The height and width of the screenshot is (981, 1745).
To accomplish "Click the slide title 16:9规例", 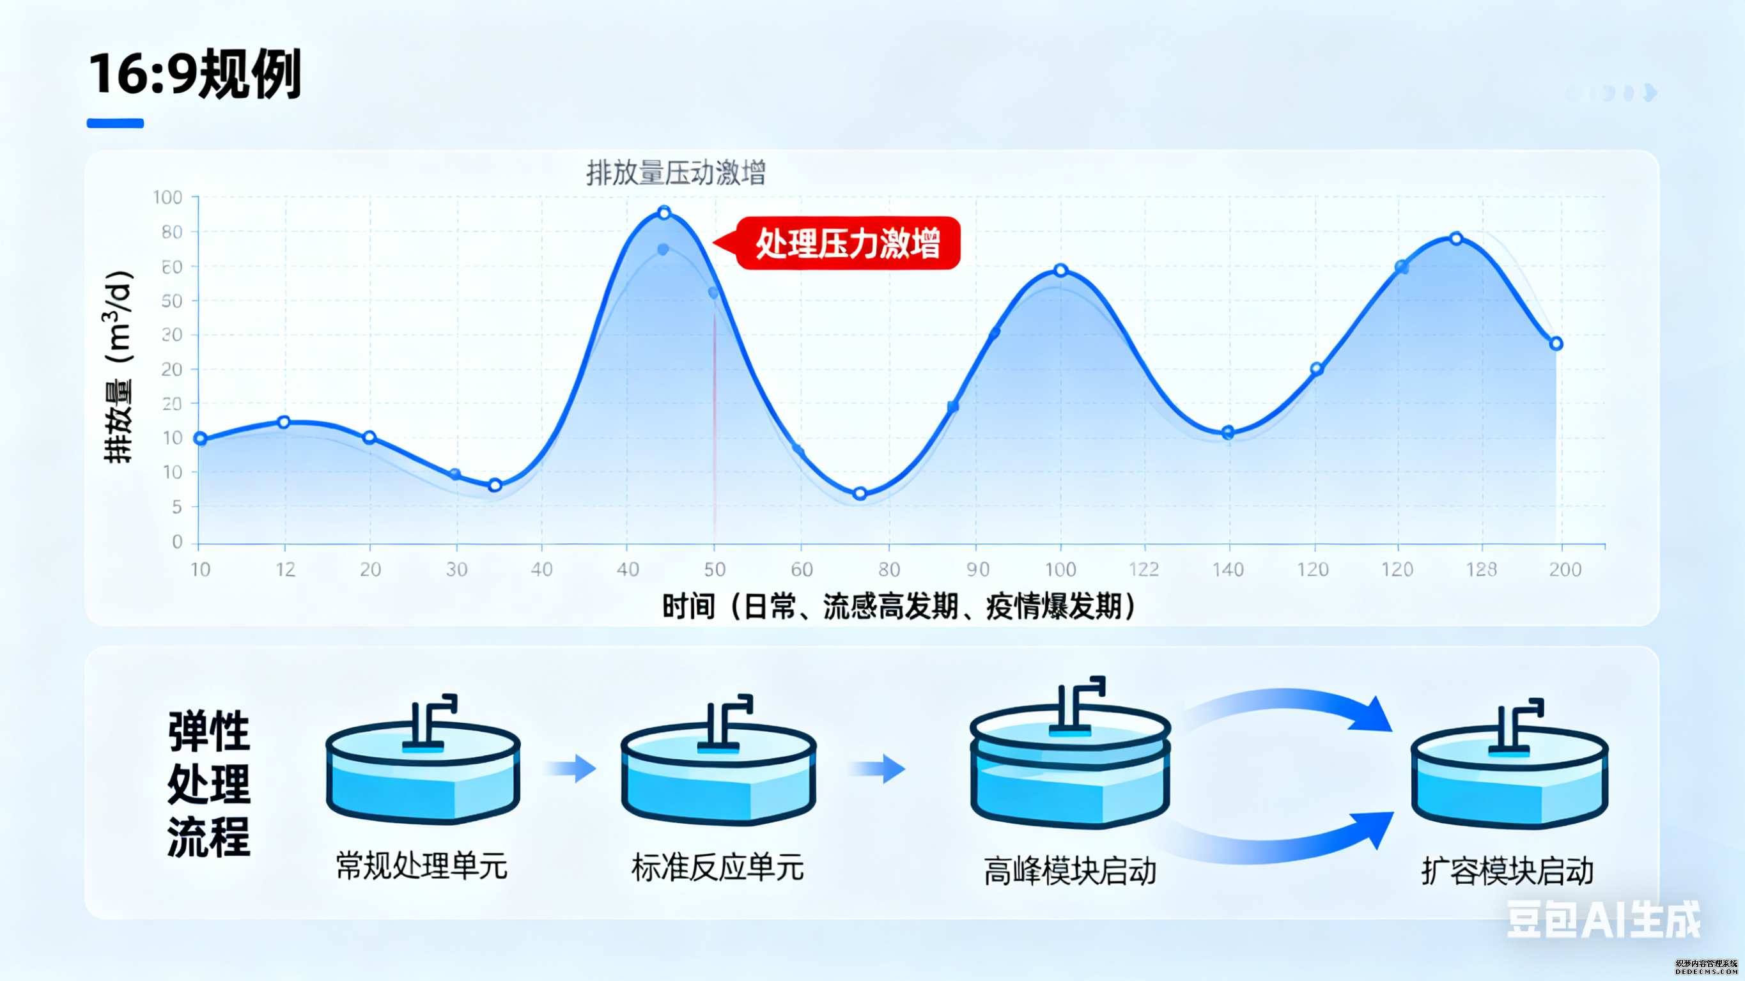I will pyautogui.click(x=195, y=75).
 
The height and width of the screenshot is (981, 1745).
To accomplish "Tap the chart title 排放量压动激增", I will pyautogui.click(x=676, y=173).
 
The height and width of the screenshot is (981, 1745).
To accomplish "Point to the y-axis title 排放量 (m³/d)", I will pyautogui.click(x=118, y=366).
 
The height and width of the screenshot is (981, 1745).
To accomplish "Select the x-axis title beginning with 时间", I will pyautogui.click(x=898, y=606).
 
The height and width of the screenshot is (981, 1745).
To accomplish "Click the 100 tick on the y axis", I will pyautogui.click(x=168, y=198).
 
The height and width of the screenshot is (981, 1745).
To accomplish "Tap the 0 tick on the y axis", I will pyautogui.click(x=177, y=542).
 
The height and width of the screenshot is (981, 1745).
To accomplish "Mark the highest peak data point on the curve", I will pyautogui.click(x=664, y=213).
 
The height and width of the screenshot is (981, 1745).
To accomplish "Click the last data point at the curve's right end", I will pyautogui.click(x=1556, y=343).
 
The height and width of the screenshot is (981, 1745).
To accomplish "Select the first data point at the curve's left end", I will pyautogui.click(x=201, y=438).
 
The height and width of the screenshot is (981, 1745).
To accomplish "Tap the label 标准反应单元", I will pyautogui.click(x=717, y=868).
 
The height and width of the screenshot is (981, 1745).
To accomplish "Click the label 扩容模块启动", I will pyautogui.click(x=1507, y=871).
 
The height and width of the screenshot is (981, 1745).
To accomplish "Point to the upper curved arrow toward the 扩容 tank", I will pyautogui.click(x=1287, y=708).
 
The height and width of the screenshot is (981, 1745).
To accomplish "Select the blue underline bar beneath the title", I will pyautogui.click(x=115, y=123).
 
